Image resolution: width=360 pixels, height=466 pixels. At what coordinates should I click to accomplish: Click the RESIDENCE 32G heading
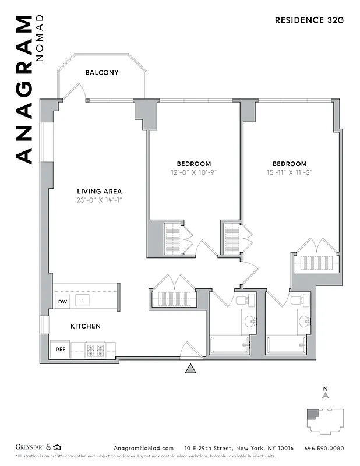point(309,20)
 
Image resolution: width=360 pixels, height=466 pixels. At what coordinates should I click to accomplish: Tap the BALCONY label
point(102,73)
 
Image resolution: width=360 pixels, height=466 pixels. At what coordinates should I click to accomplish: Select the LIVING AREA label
point(100,191)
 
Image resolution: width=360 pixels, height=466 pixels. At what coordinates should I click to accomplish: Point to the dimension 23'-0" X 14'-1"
point(100,200)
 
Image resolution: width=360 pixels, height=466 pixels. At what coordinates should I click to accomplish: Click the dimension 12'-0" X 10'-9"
point(194,172)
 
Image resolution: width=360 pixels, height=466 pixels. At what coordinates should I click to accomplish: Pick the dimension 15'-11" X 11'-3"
point(289,172)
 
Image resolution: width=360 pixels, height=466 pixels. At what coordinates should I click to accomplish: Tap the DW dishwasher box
point(62,301)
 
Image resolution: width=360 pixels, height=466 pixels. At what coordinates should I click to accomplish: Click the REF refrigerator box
point(61,349)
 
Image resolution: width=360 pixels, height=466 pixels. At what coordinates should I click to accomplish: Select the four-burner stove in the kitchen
point(95,350)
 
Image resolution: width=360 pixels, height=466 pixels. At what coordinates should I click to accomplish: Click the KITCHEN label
point(86,326)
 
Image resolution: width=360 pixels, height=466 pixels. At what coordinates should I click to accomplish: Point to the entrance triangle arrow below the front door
point(189,369)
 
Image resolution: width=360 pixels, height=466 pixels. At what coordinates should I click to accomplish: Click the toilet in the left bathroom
point(243,301)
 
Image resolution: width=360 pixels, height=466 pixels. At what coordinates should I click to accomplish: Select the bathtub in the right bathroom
point(287,345)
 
